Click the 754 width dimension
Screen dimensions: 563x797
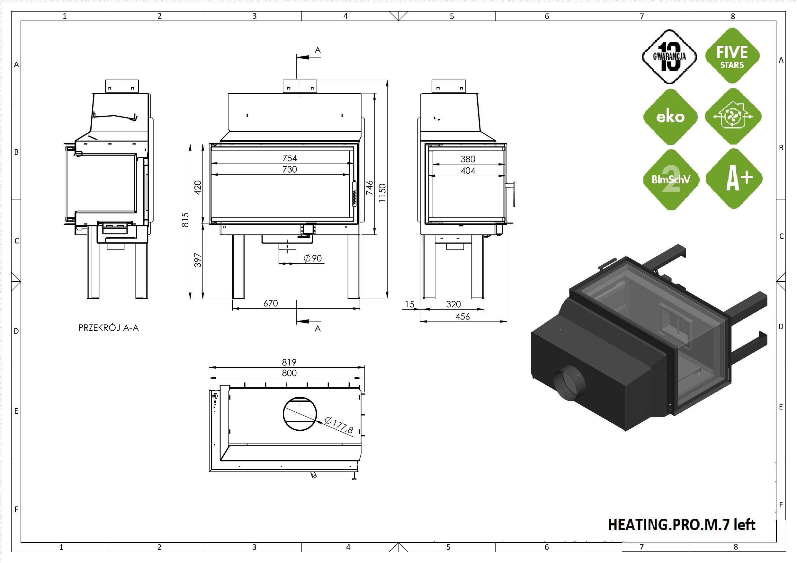tap(290, 158)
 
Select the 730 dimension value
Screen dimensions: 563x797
tap(290, 170)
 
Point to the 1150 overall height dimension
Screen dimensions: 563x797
tap(382, 193)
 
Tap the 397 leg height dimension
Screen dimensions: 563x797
tap(198, 260)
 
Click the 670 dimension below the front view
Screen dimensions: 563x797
tap(270, 303)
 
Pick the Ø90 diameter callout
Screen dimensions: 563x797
tap(313, 259)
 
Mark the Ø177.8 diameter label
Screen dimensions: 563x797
tap(339, 425)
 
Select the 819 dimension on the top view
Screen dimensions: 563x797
tap(289, 363)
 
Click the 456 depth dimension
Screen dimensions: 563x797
tap(462, 317)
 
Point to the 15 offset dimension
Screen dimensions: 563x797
tap(410, 304)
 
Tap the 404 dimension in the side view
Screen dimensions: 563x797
tap(468, 171)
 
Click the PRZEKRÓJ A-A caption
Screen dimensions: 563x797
tap(108, 328)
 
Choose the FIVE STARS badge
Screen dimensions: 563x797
tap(732, 56)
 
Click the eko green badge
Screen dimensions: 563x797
tap(670, 117)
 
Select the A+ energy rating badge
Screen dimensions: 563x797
tap(734, 179)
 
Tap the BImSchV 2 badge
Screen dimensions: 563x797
tap(671, 180)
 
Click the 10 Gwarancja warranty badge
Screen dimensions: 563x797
tap(669, 57)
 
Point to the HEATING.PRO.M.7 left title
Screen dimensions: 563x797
tap(681, 525)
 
